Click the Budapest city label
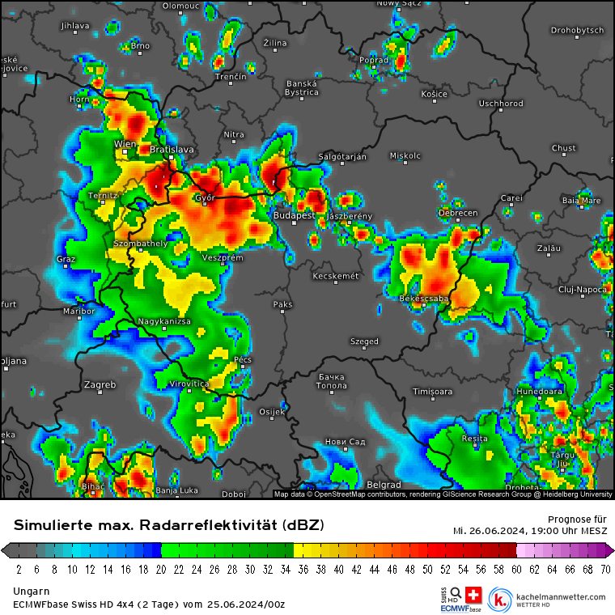(294, 215)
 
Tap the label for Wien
(125, 144)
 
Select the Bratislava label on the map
(172, 150)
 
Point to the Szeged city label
(364, 341)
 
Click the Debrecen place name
(458, 213)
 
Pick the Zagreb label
(100, 384)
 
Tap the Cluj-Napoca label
(583, 290)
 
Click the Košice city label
(434, 94)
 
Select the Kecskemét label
(335, 277)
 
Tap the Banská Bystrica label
(302, 87)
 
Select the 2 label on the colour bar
(18, 569)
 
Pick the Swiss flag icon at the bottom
(473, 593)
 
